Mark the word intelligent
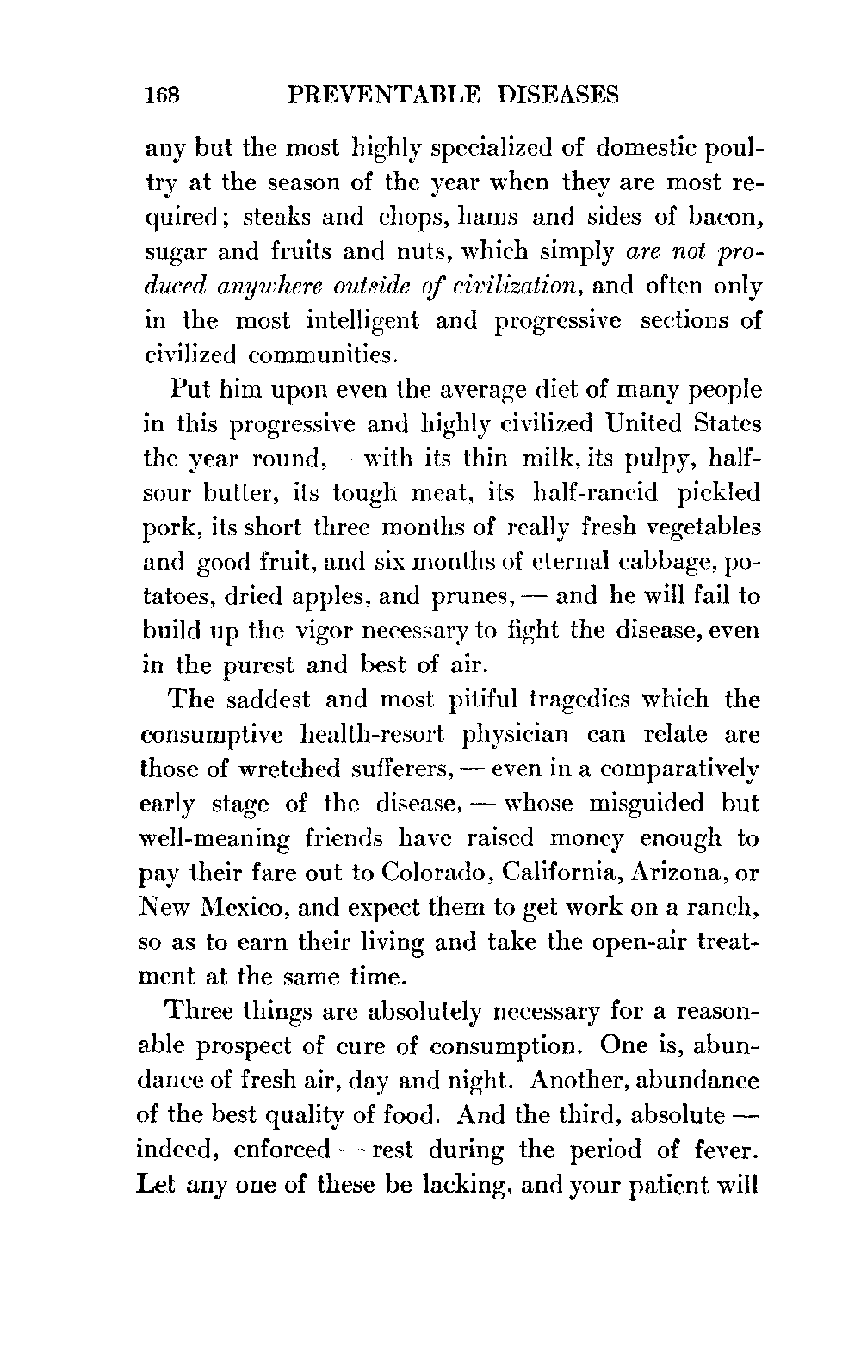click(362, 320)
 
